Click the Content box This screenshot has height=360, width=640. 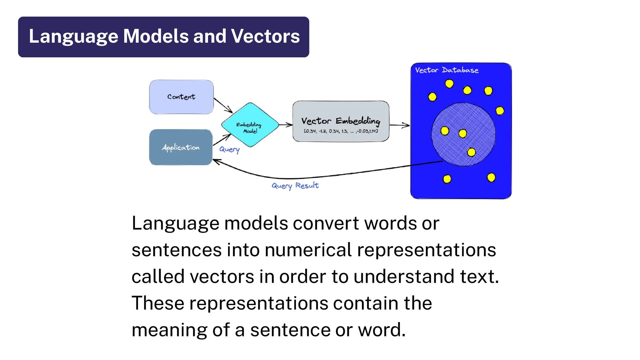181,97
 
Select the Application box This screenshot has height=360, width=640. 181,147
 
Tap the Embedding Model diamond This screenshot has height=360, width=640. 250,125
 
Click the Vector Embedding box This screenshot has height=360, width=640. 341,121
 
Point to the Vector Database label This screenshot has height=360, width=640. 447,70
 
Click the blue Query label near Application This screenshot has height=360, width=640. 229,149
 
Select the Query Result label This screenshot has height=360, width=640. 295,186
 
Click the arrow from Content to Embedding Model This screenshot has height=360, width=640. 223,105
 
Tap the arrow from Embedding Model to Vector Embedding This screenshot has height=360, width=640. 286,125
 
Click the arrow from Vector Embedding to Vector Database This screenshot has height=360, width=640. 399,125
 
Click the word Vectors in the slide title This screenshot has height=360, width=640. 265,36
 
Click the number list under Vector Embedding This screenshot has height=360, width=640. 341,131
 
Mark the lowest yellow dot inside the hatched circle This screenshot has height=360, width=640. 471,152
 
